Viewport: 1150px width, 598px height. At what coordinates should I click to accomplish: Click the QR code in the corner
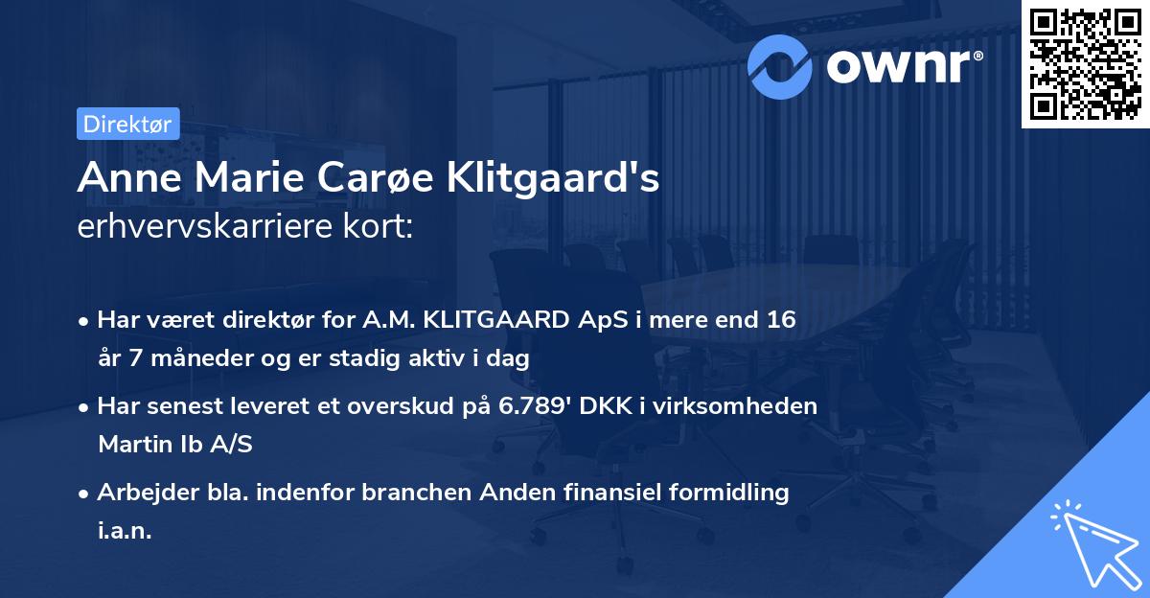(1085, 63)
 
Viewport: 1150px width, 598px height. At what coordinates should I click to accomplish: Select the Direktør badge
(127, 124)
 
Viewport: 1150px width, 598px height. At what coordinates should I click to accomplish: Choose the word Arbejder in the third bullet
(140, 493)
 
